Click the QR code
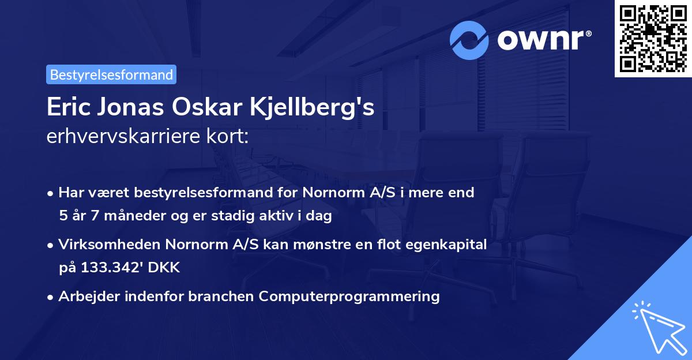(653, 38)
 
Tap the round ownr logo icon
(470, 40)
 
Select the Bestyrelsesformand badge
(111, 74)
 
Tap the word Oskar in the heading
(203, 108)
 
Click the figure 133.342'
(119, 267)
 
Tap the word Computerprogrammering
(349, 296)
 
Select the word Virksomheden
(110, 244)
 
